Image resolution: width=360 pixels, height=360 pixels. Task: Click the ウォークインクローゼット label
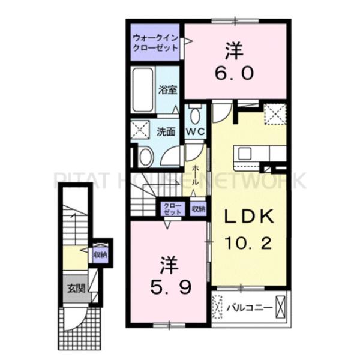coord(155,43)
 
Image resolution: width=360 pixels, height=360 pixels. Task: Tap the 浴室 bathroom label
coord(167,90)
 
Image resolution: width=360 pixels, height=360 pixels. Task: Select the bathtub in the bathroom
coord(143,90)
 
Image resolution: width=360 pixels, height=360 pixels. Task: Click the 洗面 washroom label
coord(166,132)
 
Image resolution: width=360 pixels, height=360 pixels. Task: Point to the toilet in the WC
coord(196,114)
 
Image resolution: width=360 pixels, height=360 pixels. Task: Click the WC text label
coord(196,132)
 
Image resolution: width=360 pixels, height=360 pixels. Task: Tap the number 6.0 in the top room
coord(235,73)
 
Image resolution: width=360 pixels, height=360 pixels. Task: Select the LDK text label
coord(249,217)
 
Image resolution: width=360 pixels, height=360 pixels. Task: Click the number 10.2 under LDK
coord(249,243)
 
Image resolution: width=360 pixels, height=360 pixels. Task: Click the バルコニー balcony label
coord(250,308)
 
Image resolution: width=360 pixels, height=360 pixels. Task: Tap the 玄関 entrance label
coord(76,289)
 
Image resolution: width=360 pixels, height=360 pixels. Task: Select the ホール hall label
coord(195,175)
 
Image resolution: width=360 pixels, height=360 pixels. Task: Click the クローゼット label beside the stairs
coord(172,209)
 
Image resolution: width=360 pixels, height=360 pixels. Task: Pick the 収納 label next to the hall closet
coord(199,209)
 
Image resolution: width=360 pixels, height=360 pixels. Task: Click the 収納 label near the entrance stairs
coord(100,254)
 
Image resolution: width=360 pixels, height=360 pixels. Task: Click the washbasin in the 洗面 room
coord(146,157)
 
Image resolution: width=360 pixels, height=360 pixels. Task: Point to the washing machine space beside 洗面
coord(140,130)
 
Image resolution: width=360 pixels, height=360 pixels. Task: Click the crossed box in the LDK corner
coord(275,114)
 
